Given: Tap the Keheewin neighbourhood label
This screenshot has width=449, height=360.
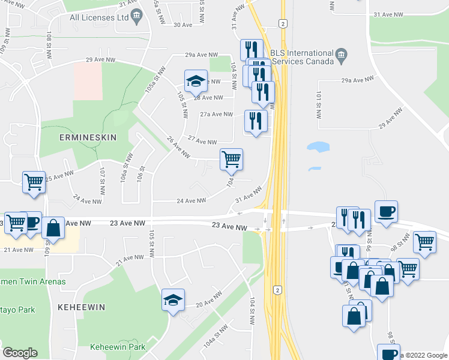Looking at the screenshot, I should coord(82,307).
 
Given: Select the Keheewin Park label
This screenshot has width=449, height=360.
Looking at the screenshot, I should coord(118,347).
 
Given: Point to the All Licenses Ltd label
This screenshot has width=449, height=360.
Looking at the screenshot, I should coord(100,17).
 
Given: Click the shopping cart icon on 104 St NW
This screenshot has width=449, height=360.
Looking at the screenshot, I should coord(231,160).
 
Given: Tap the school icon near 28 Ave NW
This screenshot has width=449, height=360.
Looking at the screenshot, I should coord(194,81).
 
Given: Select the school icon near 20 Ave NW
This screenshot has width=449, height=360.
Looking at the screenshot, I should coord(173,300).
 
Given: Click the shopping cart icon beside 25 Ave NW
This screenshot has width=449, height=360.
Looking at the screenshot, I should coord(34,182).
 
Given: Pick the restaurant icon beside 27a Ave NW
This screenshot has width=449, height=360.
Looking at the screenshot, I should coord(256,121).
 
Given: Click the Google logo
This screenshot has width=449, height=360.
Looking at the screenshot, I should coord(20,353).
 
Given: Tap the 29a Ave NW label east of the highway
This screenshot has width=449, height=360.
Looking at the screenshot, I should coord(358,79).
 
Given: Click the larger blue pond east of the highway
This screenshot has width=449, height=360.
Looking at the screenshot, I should coord(318,146).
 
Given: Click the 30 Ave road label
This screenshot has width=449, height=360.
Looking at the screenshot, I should coord(182,25).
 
